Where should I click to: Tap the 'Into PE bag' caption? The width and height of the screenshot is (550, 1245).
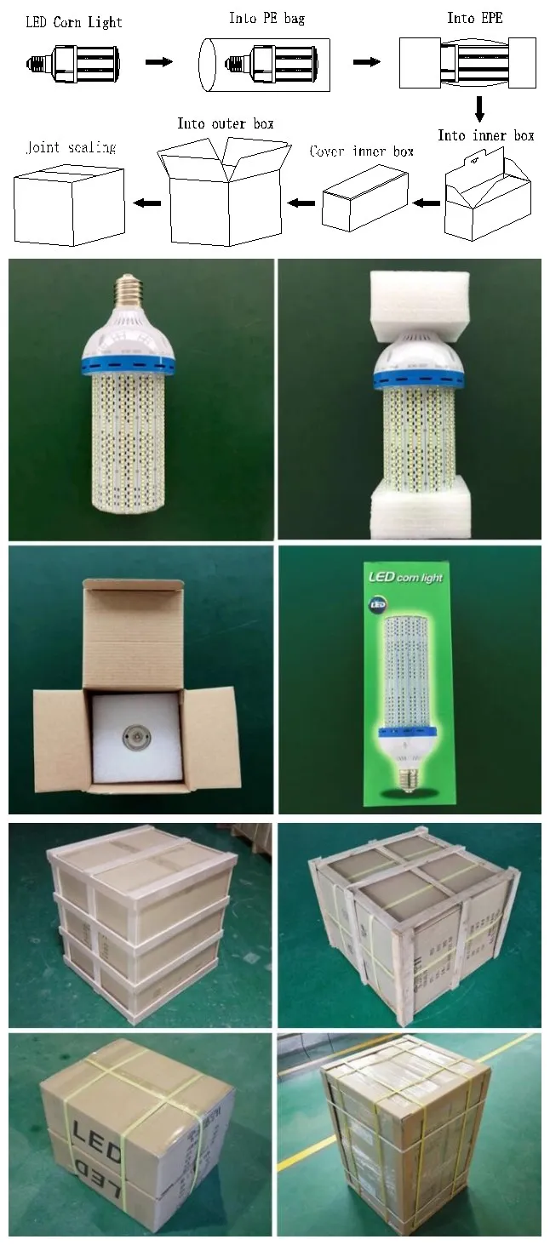point(266,18)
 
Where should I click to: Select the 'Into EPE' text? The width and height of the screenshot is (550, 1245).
point(474,18)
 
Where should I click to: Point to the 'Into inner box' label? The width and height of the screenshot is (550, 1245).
point(485,135)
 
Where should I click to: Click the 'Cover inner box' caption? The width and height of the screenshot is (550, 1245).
point(362,151)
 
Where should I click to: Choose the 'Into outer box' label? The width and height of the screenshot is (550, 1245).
point(226,123)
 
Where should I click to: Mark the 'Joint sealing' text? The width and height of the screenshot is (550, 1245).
point(71,147)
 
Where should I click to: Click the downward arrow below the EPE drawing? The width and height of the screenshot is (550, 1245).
point(479,108)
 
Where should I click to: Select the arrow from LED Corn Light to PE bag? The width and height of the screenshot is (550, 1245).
point(159,61)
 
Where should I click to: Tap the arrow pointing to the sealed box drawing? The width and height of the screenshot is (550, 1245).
point(148,203)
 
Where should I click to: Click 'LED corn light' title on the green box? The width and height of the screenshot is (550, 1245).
point(405,579)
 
